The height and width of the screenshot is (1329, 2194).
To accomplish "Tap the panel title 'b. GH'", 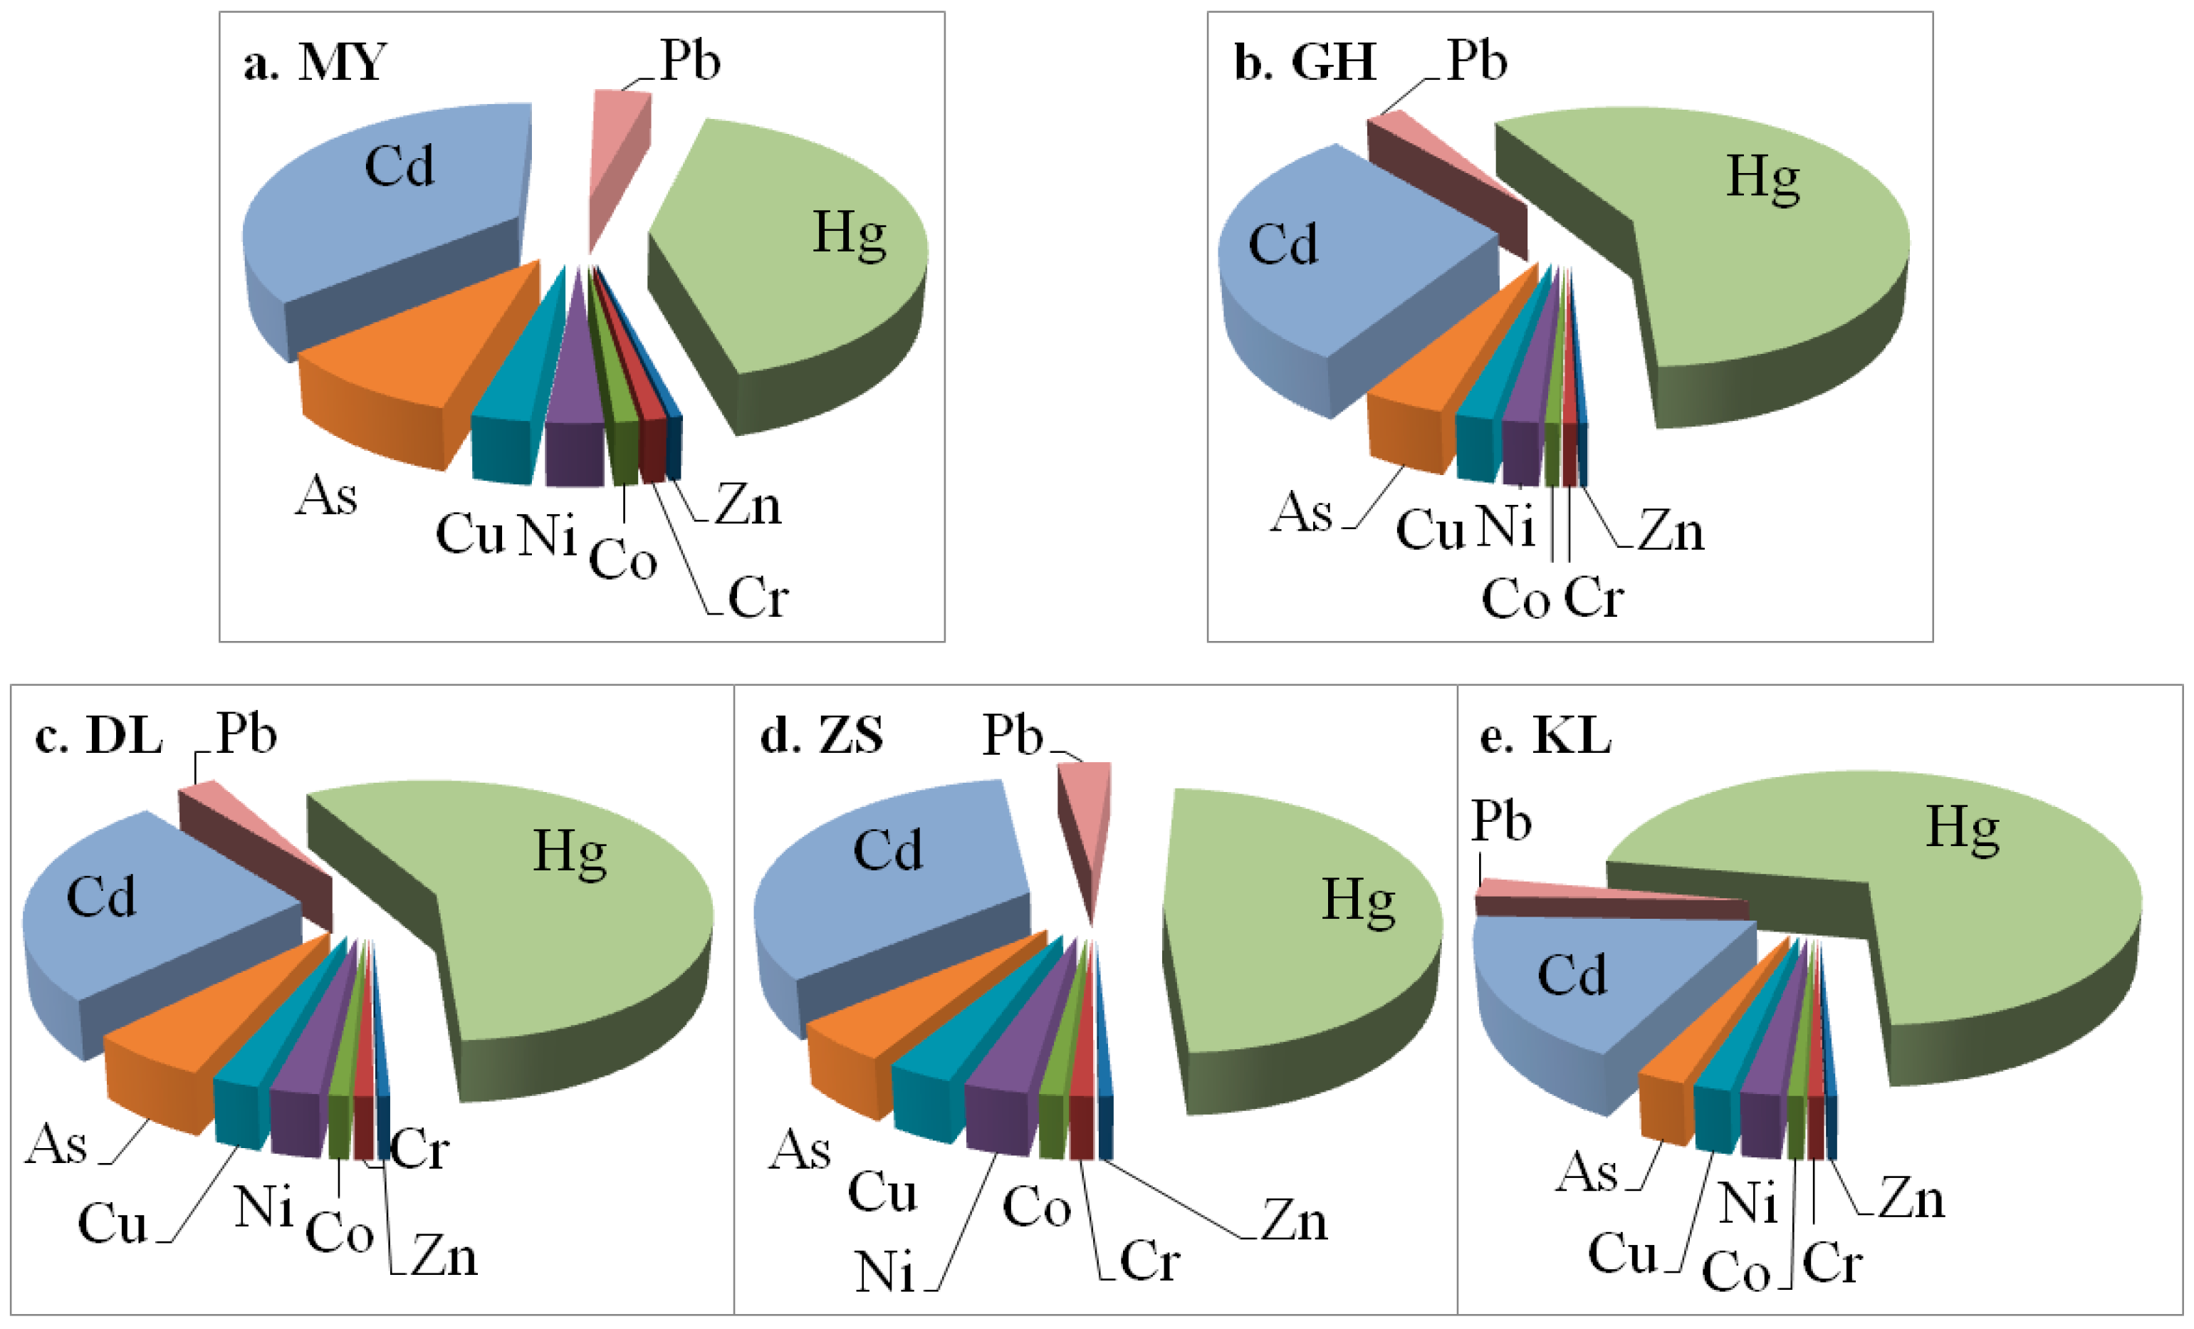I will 1305,63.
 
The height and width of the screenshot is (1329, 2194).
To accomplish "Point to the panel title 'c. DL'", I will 98,736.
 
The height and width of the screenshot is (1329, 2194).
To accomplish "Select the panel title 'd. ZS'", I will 821,736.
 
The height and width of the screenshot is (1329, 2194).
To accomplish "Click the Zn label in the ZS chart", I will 1294,1220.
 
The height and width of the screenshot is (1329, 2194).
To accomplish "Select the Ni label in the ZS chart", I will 884,1271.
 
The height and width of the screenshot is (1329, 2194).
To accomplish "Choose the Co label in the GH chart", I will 1515,598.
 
